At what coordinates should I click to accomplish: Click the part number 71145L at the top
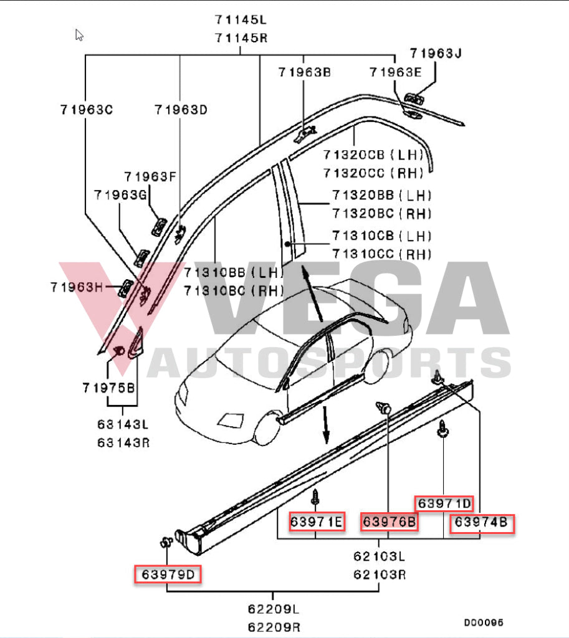(x=241, y=19)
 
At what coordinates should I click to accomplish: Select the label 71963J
(x=436, y=53)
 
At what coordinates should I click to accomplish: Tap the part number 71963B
(x=304, y=72)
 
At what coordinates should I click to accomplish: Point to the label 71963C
(x=86, y=110)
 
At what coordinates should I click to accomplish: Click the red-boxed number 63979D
(x=168, y=573)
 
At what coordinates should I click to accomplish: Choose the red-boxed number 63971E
(x=317, y=522)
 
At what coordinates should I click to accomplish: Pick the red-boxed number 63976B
(x=390, y=522)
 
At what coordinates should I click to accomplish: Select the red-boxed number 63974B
(x=481, y=523)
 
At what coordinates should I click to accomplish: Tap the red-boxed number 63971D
(x=444, y=503)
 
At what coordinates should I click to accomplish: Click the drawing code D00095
(x=483, y=622)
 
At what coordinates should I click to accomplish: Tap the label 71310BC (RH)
(x=234, y=290)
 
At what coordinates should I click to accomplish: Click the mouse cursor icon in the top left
(x=79, y=35)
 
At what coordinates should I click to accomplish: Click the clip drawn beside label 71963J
(x=413, y=98)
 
